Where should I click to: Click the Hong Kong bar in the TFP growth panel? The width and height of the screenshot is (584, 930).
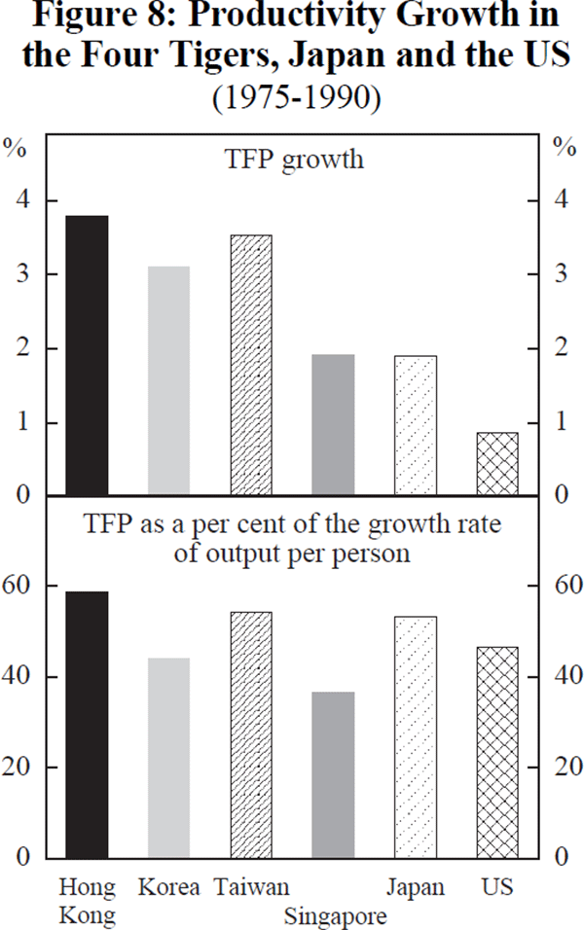pyautogui.click(x=87, y=356)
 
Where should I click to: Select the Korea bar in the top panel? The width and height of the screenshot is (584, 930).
pyautogui.click(x=168, y=381)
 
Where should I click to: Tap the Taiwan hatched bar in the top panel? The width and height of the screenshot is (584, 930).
pyautogui.click(x=251, y=366)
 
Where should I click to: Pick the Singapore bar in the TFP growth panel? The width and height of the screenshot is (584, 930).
pyautogui.click(x=333, y=425)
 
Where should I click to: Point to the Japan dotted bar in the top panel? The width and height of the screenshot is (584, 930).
pyautogui.click(x=416, y=426)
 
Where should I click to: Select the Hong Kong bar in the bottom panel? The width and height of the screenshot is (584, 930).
pyautogui.click(x=87, y=725)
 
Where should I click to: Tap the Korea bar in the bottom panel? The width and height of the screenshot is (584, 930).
pyautogui.click(x=168, y=758)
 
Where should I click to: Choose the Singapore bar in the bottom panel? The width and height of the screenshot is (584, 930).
pyautogui.click(x=333, y=774)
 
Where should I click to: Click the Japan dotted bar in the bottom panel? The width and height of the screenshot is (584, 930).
pyautogui.click(x=416, y=736)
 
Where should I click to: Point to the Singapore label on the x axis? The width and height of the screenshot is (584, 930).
pyautogui.click(x=335, y=915)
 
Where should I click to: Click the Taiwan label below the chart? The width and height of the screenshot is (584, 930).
pyautogui.click(x=252, y=887)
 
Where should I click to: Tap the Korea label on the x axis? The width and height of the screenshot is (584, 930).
pyautogui.click(x=168, y=887)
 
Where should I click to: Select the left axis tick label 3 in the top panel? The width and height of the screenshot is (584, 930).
pyautogui.click(x=23, y=275)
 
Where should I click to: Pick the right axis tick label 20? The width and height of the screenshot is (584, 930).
pyautogui.click(x=564, y=768)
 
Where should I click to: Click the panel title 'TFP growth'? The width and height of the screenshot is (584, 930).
pyautogui.click(x=307, y=160)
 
